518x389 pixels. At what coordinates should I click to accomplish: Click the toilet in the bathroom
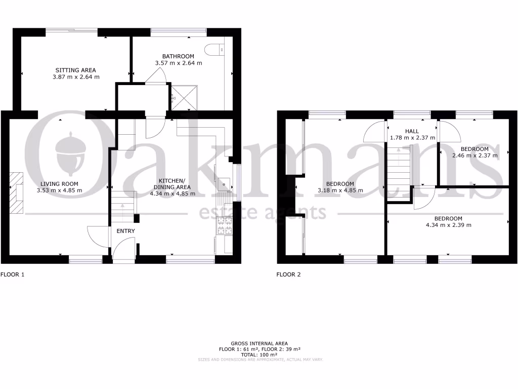(x=212, y=49)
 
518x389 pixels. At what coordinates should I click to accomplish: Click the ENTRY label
(x=126, y=231)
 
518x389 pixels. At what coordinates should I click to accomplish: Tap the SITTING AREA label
(x=76, y=70)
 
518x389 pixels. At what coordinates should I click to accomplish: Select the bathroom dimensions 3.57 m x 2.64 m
(x=178, y=63)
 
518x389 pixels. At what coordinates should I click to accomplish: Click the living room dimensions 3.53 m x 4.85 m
(x=60, y=190)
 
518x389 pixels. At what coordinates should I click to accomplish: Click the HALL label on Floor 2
(x=411, y=131)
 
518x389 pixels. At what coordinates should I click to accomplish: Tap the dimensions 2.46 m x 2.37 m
(x=474, y=155)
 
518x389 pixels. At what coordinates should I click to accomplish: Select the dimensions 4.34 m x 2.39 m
(x=448, y=225)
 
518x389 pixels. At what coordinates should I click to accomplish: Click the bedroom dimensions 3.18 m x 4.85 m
(x=339, y=190)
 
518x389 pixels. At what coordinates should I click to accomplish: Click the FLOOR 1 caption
(x=12, y=275)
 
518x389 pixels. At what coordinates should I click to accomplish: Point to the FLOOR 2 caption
(x=288, y=275)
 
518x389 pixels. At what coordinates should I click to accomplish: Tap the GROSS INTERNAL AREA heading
(x=258, y=343)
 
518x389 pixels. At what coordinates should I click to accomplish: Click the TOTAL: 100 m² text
(x=258, y=355)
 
